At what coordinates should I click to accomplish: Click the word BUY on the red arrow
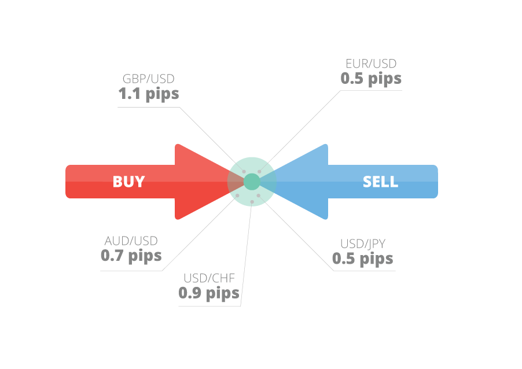click(x=128, y=182)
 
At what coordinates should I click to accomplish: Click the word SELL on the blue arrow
click(x=380, y=182)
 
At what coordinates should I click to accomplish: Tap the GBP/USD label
click(x=148, y=79)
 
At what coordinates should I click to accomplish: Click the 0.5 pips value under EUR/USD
click(x=371, y=78)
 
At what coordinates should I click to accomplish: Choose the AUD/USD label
click(x=131, y=241)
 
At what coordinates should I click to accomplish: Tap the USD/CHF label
click(x=209, y=278)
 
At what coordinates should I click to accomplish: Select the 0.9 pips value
click(x=209, y=293)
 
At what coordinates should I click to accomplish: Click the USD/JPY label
click(x=363, y=243)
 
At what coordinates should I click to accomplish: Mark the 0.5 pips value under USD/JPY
click(x=363, y=258)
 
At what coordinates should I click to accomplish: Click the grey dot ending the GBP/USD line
click(x=244, y=172)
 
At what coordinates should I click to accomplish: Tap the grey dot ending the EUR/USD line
click(x=260, y=172)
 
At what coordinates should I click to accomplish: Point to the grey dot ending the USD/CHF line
click(x=252, y=201)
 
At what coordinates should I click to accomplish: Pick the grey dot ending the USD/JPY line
click(x=259, y=195)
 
